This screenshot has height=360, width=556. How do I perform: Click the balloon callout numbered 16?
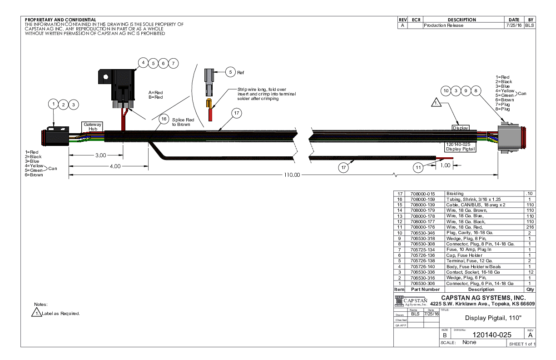164,120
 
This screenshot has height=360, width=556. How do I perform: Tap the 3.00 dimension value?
100,155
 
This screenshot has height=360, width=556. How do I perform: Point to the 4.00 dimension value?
115,166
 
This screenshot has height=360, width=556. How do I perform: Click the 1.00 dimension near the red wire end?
445,165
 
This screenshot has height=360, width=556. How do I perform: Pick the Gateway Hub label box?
92,126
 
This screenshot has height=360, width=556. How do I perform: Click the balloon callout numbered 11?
418,167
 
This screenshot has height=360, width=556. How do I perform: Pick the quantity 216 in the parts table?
530,227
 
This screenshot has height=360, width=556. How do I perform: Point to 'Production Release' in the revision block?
443,25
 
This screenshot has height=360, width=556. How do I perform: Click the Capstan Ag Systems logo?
412,301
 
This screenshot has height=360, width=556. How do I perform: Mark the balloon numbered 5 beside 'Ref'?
230,72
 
